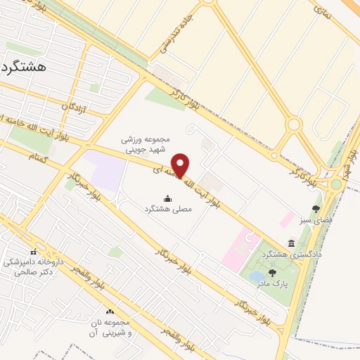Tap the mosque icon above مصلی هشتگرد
[x=167, y=199]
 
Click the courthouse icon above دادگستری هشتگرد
[x=291, y=243]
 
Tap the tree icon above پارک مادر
[x=272, y=273]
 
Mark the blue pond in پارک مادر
[x=256, y=276]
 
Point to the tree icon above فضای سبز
[x=316, y=209]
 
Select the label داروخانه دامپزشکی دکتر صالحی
[x=33, y=266]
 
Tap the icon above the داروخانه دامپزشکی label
[x=33, y=252]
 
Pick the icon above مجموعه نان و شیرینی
[x=109, y=311]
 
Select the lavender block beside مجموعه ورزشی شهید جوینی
[x=105, y=169]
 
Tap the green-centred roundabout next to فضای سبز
[x=337, y=185]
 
